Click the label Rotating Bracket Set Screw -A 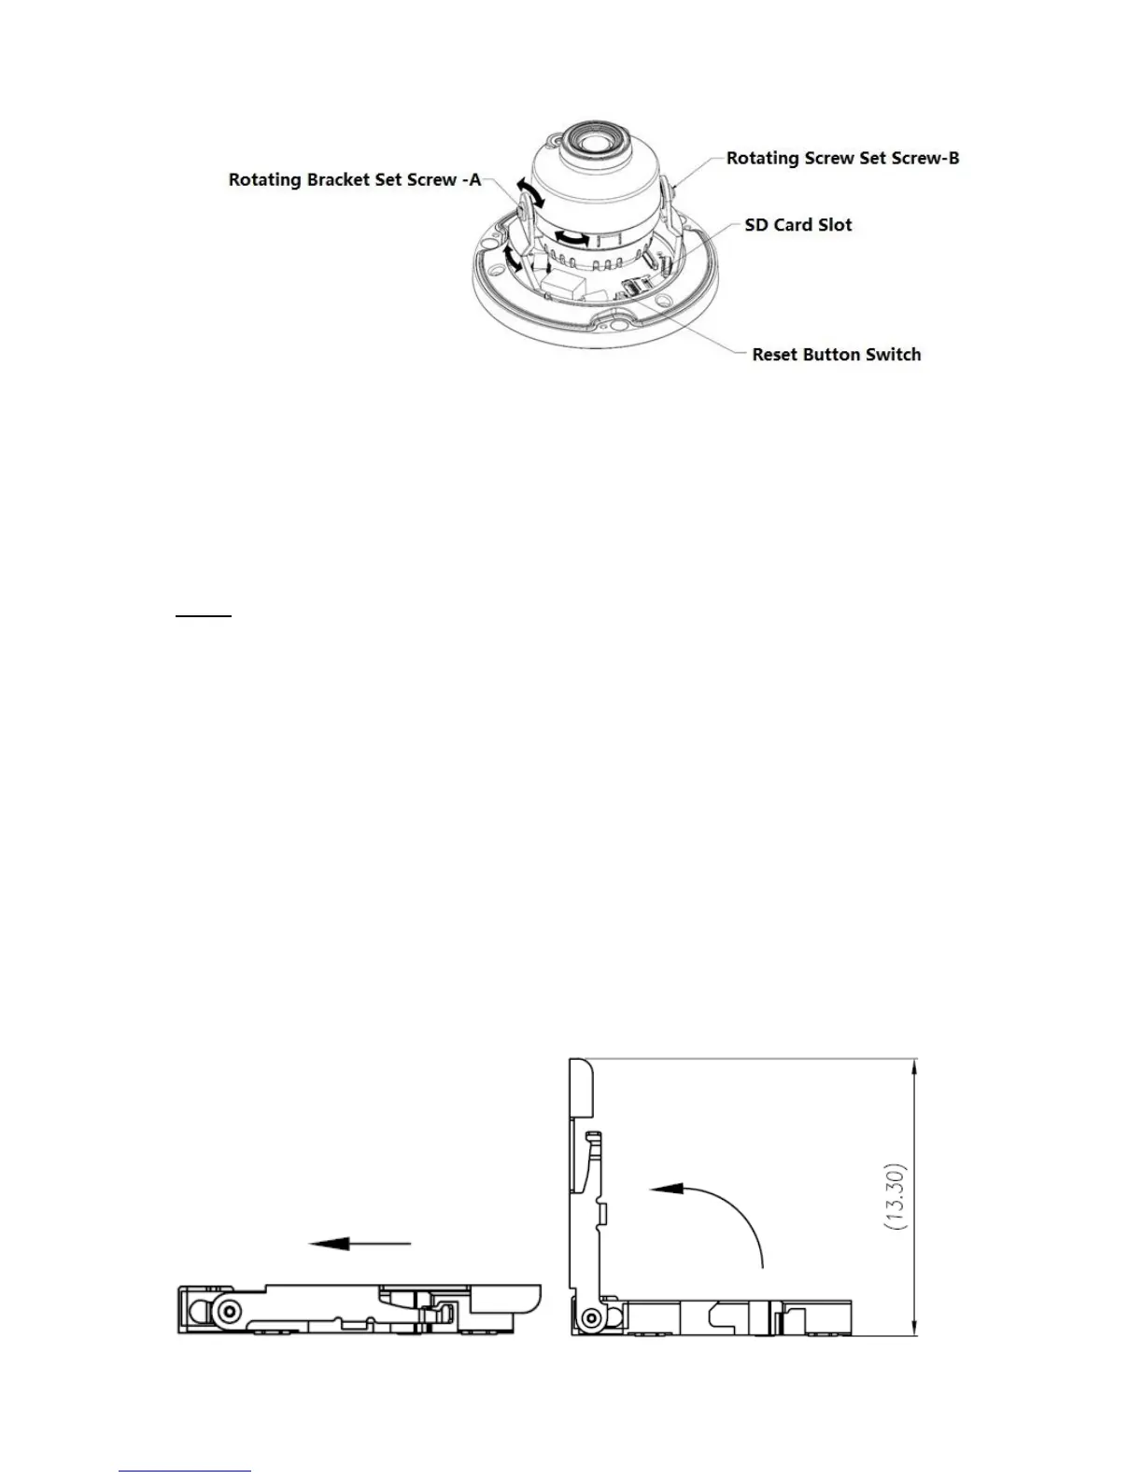coord(355,179)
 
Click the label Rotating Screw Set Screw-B coord(842,158)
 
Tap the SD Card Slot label coord(798,225)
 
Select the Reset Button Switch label coord(836,355)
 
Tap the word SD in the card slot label coord(756,225)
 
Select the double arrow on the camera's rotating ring coord(571,239)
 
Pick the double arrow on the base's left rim coord(509,258)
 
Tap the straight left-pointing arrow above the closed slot coord(360,1243)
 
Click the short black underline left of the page coord(204,617)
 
